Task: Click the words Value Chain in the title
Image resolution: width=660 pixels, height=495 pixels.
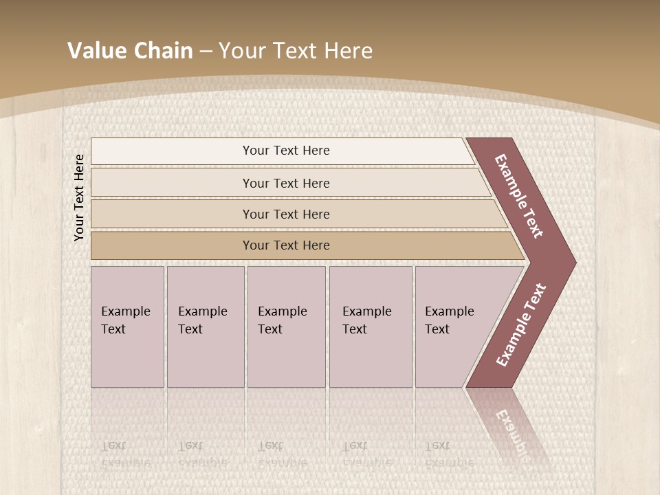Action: [130, 51]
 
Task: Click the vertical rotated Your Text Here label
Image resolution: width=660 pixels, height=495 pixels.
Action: [79, 197]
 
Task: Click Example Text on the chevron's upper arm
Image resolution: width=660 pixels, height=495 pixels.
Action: [519, 196]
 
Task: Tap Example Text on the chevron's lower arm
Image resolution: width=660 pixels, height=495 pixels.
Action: [521, 325]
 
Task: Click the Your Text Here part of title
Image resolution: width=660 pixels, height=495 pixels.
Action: [296, 51]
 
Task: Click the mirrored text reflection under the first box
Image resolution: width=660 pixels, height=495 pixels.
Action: [125, 454]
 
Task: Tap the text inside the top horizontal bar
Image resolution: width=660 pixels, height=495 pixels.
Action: [286, 151]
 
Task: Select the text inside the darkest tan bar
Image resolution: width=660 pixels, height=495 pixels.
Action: [286, 245]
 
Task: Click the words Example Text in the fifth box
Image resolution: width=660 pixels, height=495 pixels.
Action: [449, 320]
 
